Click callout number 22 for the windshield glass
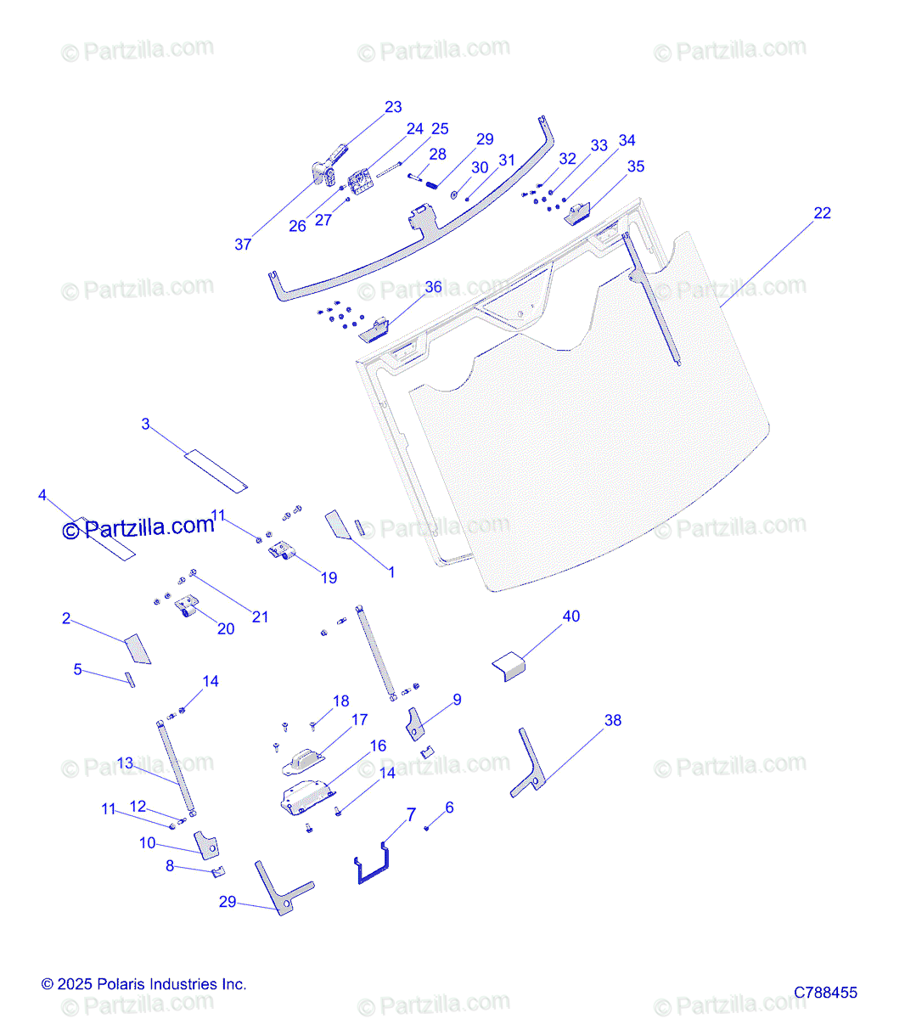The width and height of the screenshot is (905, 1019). [822, 213]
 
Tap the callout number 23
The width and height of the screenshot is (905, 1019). [393, 107]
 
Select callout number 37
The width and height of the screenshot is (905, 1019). [243, 245]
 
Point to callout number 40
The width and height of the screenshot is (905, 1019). [571, 616]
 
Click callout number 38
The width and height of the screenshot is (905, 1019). [613, 720]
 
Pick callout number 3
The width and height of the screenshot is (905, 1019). [145, 424]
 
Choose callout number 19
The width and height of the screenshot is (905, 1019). [329, 578]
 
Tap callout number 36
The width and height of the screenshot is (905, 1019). [433, 287]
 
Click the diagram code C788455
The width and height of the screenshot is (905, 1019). [825, 993]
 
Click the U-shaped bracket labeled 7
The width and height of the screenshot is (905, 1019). [373, 864]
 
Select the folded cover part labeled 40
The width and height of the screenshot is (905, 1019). [509, 667]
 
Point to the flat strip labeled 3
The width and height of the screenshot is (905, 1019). [216, 471]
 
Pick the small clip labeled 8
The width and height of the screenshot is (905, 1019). [218, 872]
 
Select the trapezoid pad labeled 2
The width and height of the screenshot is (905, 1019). [138, 649]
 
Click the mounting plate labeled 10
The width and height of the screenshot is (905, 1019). [206, 845]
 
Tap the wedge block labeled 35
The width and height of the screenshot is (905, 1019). [576, 214]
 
